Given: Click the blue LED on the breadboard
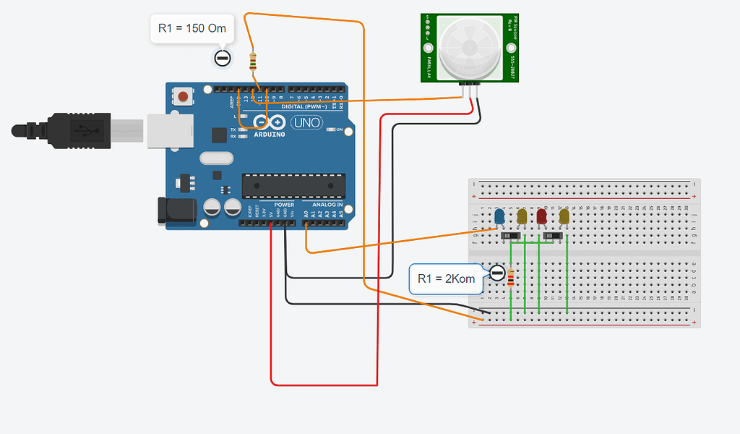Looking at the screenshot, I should click(499, 216).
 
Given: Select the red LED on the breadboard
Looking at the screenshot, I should click(541, 216).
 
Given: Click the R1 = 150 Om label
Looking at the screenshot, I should click(192, 29).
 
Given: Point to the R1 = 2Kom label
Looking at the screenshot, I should click(446, 278).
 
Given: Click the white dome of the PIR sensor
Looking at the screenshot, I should click(470, 48).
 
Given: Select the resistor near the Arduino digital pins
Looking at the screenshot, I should click(252, 61).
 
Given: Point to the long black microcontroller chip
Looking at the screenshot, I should click(293, 185).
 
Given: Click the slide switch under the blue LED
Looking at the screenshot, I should click(511, 237).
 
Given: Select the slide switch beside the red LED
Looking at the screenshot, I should click(554, 237).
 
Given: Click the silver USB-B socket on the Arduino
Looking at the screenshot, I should click(171, 130).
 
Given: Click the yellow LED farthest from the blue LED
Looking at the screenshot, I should click(564, 216).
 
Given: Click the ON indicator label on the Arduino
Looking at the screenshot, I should click(338, 129).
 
